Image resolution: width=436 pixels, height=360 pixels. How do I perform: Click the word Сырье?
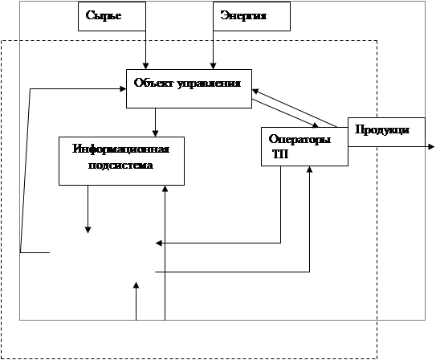tap(104, 15)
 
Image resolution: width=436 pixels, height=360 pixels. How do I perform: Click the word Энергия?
tap(243, 15)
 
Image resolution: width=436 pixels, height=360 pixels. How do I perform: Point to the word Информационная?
tap(121, 149)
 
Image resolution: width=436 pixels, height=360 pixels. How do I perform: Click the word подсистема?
tap(120, 165)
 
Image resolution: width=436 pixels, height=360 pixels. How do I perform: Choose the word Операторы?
tap(299, 139)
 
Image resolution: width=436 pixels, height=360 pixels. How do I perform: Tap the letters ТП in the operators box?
tap(280, 154)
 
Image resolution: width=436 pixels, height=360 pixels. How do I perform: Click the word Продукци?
tap(382, 130)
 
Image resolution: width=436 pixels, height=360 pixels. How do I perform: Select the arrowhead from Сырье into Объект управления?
tap(145, 66)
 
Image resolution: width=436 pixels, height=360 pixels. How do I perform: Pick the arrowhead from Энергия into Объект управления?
tap(213, 66)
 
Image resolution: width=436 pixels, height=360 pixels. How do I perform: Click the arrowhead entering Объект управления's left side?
tap(123, 88)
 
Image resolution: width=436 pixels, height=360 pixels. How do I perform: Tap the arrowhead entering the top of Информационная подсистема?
tap(155, 133)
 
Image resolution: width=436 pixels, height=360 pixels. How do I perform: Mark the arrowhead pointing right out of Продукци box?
tap(431, 146)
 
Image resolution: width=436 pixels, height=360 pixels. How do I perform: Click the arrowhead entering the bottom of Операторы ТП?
tap(309, 170)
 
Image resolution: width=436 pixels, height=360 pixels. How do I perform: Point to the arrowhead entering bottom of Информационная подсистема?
tap(165, 189)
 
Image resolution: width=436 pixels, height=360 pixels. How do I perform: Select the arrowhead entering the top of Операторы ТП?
tap(315, 125)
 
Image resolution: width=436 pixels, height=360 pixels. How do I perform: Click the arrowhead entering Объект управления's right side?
tap(255, 91)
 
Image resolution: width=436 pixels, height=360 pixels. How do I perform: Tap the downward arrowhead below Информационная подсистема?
tap(88, 230)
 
